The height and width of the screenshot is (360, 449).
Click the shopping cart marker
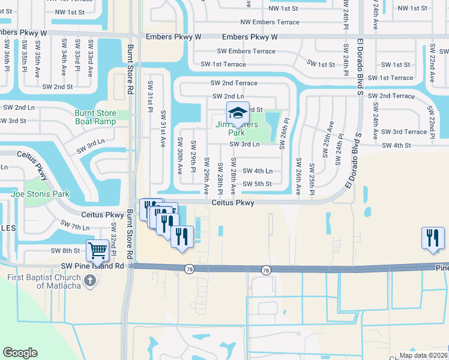click(x=96, y=251)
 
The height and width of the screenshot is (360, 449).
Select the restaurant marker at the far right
click(x=432, y=238)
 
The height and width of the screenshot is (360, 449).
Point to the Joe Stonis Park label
click(x=40, y=194)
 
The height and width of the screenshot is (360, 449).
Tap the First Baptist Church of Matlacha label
click(x=44, y=281)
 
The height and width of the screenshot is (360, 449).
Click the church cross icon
click(x=89, y=280)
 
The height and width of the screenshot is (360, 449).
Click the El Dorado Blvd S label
click(x=360, y=67)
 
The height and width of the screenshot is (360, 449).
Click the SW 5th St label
click(x=258, y=184)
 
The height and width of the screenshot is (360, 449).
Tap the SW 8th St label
click(x=65, y=251)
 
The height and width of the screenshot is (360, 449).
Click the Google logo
click(x=20, y=353)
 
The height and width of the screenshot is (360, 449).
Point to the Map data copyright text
click(x=423, y=355)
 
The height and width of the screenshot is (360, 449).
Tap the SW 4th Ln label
click(x=258, y=170)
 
